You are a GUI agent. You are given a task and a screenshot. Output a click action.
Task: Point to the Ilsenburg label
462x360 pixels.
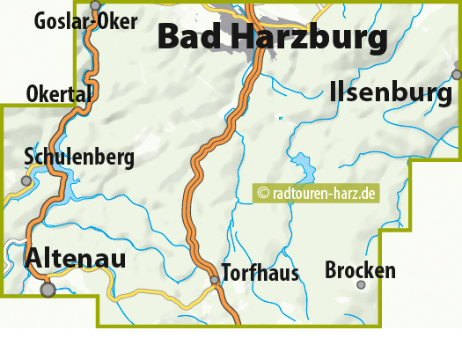pos(390,92)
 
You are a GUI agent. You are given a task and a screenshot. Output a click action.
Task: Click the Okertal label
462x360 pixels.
pos(59,93)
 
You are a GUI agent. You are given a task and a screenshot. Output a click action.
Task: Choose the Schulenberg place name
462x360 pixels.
pos(79,158)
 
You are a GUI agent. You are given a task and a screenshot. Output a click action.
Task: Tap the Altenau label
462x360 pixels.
pos(76,258)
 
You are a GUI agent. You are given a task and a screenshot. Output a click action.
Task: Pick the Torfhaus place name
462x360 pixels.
pos(260,272)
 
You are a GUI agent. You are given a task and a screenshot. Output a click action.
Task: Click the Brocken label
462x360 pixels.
pos(360,270)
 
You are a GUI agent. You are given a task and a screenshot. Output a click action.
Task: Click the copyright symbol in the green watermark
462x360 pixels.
pos(263,193)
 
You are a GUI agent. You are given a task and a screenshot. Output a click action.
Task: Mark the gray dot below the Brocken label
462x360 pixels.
pos(361,284)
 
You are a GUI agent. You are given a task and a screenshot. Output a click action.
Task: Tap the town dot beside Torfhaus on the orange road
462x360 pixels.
pos(214,280)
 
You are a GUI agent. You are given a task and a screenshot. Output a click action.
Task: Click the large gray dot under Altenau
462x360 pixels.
pos(48,289)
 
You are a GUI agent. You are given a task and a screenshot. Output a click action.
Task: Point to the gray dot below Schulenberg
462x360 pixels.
pos(26,180)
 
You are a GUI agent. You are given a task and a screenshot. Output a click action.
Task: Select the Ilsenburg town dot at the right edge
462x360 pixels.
pos(456,75)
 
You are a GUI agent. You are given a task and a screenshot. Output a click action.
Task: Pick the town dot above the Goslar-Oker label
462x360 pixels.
pos(95,5)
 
